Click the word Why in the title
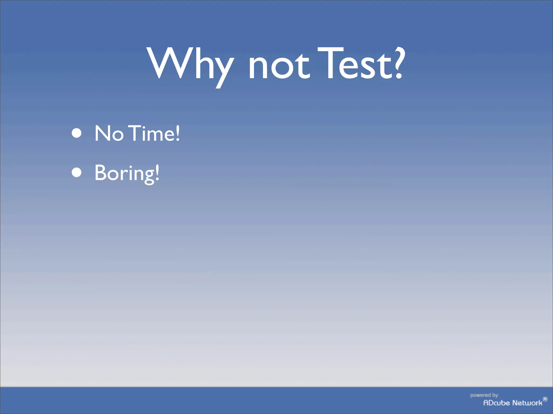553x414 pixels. point(190,65)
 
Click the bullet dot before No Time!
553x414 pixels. point(77,133)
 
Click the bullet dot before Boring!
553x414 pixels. point(77,172)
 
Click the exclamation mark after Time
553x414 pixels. point(177,133)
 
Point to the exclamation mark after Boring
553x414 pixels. point(157,172)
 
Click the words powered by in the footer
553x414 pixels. point(484,395)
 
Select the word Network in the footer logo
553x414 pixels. point(527,403)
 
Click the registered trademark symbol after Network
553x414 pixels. point(545,399)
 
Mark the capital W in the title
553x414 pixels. point(169,63)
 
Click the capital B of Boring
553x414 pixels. point(101,172)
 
